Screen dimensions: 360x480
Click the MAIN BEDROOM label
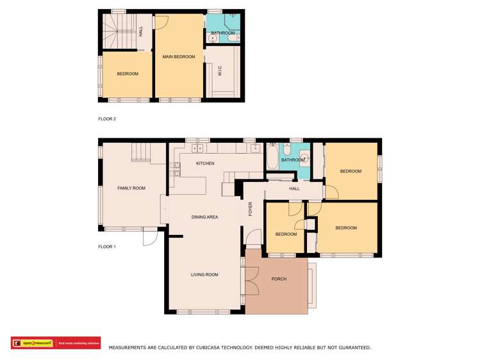click(178, 57)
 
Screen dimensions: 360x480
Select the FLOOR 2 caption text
click(106, 119)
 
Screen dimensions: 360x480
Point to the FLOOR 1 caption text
click(106, 247)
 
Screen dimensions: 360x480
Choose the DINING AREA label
click(204, 217)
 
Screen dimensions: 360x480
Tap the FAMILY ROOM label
click(131, 188)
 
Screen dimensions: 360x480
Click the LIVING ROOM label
click(204, 275)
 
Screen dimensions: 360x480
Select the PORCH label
click(279, 279)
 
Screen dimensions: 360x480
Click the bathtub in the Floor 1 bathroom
click(271, 158)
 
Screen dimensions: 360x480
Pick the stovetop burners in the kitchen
click(174, 170)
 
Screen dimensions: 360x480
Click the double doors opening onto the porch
click(252, 279)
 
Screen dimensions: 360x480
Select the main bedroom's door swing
click(161, 21)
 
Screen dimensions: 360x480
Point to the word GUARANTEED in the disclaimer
click(350, 347)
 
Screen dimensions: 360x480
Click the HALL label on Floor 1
click(294, 189)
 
